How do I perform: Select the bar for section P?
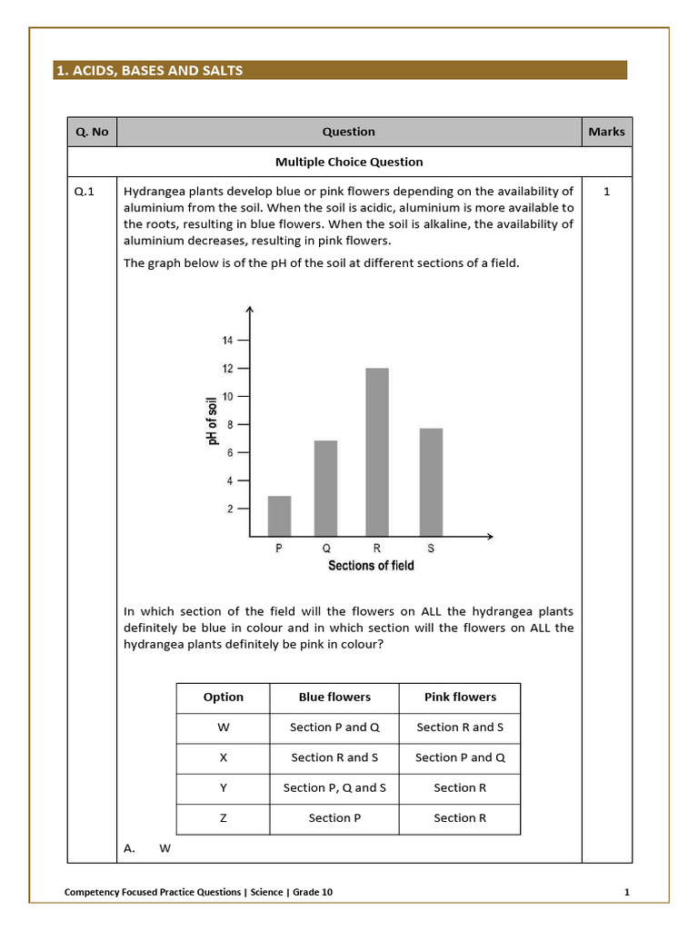[279, 515]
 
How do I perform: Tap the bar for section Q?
[325, 488]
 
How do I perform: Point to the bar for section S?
[431, 481]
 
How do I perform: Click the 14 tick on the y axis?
[227, 341]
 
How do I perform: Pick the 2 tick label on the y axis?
[229, 509]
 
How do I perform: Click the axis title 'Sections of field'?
[370, 566]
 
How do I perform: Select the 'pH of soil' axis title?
[213, 420]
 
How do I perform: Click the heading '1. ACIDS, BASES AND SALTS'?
[150, 70]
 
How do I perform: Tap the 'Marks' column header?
[606, 132]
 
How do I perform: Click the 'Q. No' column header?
[92, 132]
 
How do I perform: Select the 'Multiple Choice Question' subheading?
[349, 162]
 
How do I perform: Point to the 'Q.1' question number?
[85, 192]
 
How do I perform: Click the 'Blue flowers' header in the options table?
[334, 697]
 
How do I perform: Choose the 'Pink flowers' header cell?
[460, 697]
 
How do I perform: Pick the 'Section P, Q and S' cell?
[334, 787]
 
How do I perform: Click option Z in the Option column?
[224, 818]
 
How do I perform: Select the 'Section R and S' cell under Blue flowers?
[334, 757]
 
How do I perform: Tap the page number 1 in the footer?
[627, 892]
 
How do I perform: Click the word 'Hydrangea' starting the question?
[154, 192]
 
